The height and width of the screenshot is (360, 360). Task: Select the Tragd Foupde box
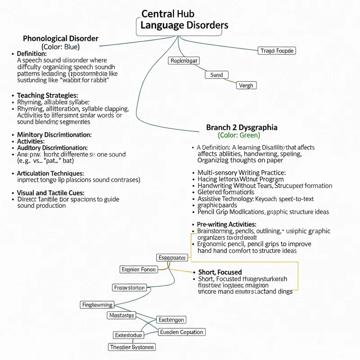277,51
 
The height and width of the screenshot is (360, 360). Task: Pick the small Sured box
216,75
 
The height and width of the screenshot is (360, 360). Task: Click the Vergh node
246,85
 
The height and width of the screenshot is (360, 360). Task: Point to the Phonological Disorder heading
60,38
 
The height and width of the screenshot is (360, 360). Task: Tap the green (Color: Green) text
238,135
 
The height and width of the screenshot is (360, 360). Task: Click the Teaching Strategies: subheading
47,95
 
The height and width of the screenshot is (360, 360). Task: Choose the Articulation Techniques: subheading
50,173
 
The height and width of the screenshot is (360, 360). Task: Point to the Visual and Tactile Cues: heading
48,192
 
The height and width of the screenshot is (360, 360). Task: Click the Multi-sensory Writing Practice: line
242,172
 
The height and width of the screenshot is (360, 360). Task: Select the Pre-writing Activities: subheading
227,224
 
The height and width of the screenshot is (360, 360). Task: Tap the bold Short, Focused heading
220,272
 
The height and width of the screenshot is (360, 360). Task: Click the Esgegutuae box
172,257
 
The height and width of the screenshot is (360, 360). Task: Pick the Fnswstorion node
129,288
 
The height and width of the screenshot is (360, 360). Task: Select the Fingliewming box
97,305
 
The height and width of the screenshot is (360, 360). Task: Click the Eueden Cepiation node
181,332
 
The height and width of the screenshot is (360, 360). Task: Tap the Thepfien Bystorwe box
132,346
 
